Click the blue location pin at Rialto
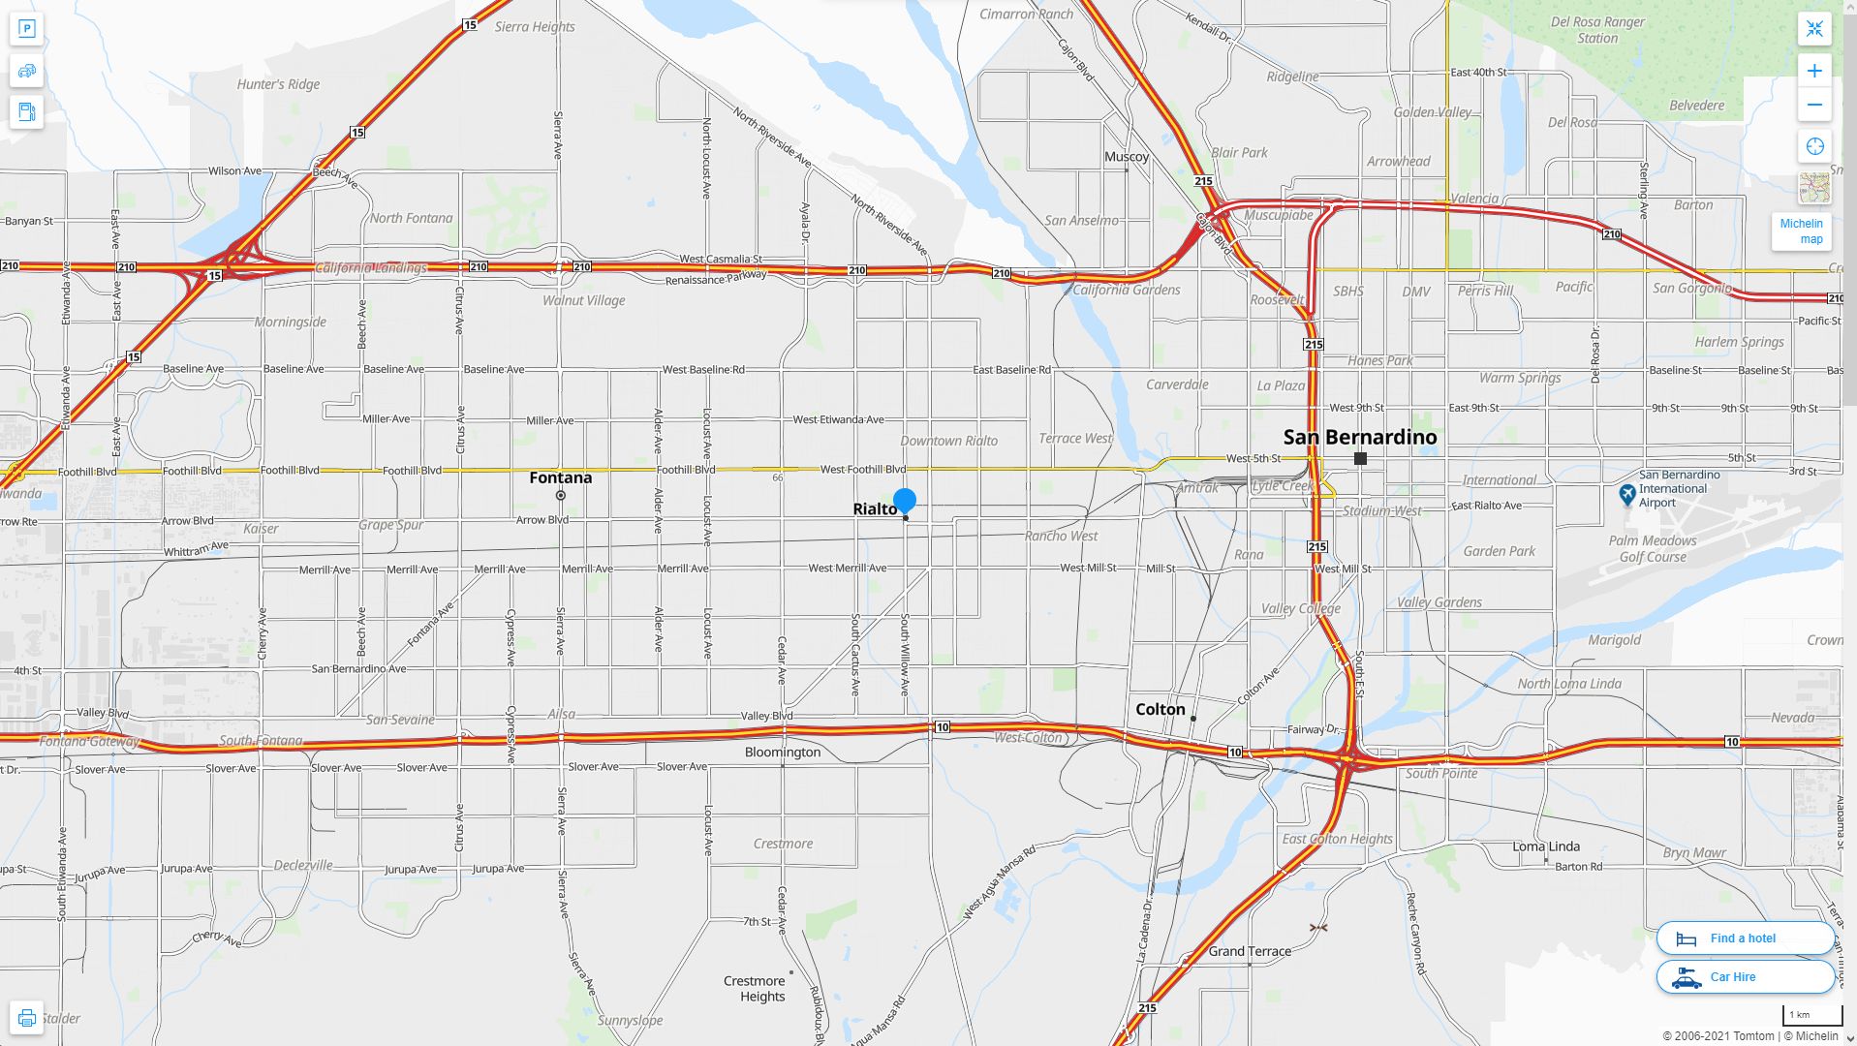point(904,501)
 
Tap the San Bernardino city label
point(1359,437)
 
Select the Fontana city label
point(560,477)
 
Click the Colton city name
point(1160,709)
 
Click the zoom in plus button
point(1814,71)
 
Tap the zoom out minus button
point(1814,105)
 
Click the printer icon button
point(26,1017)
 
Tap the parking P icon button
point(26,28)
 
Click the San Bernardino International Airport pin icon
point(1627,495)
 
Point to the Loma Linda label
point(1546,846)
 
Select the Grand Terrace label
point(1249,951)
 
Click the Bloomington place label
point(782,752)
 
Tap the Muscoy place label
point(1127,156)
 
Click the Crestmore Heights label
point(761,989)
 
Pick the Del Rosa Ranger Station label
point(1597,30)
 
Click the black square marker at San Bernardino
point(1360,458)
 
